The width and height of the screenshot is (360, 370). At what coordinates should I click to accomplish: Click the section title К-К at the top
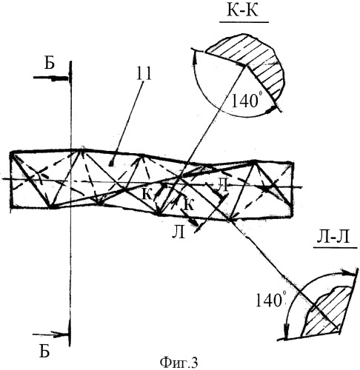pos(242,11)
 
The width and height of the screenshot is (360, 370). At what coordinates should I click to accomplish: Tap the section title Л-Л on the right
pos(333,238)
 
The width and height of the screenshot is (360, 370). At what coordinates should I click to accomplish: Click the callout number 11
pos(144,73)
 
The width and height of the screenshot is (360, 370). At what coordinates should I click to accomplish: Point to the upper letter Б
pos(50,64)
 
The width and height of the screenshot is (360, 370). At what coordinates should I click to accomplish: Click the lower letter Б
pos(44,351)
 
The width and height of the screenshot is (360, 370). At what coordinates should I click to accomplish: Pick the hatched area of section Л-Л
pos(326,313)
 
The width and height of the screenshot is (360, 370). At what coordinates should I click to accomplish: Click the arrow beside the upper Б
pos(50,78)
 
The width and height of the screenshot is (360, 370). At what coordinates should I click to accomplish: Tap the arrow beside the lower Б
pos(50,334)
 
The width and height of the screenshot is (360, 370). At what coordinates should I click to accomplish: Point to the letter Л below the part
pos(179,232)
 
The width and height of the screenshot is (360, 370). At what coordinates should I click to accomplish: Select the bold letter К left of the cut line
pos(147,195)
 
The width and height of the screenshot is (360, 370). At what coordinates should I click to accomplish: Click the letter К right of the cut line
pos(189,204)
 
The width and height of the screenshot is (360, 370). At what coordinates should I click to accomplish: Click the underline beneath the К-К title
pos(244,22)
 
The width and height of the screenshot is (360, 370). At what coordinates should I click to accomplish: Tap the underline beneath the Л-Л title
pos(335,247)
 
